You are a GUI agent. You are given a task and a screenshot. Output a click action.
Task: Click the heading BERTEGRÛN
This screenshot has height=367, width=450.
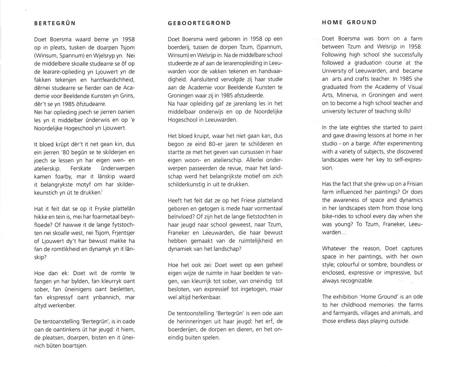pyautogui.click(x=55, y=23)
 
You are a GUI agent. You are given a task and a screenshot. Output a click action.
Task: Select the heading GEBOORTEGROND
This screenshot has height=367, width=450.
pyautogui.click(x=199, y=23)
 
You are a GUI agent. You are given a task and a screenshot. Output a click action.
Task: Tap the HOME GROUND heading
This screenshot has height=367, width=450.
pyautogui.click(x=349, y=22)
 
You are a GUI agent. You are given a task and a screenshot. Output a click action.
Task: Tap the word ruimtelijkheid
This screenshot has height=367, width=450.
pyautogui.click(x=252, y=241)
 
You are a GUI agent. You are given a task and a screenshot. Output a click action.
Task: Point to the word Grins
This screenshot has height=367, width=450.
pyautogui.click(x=128, y=96)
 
